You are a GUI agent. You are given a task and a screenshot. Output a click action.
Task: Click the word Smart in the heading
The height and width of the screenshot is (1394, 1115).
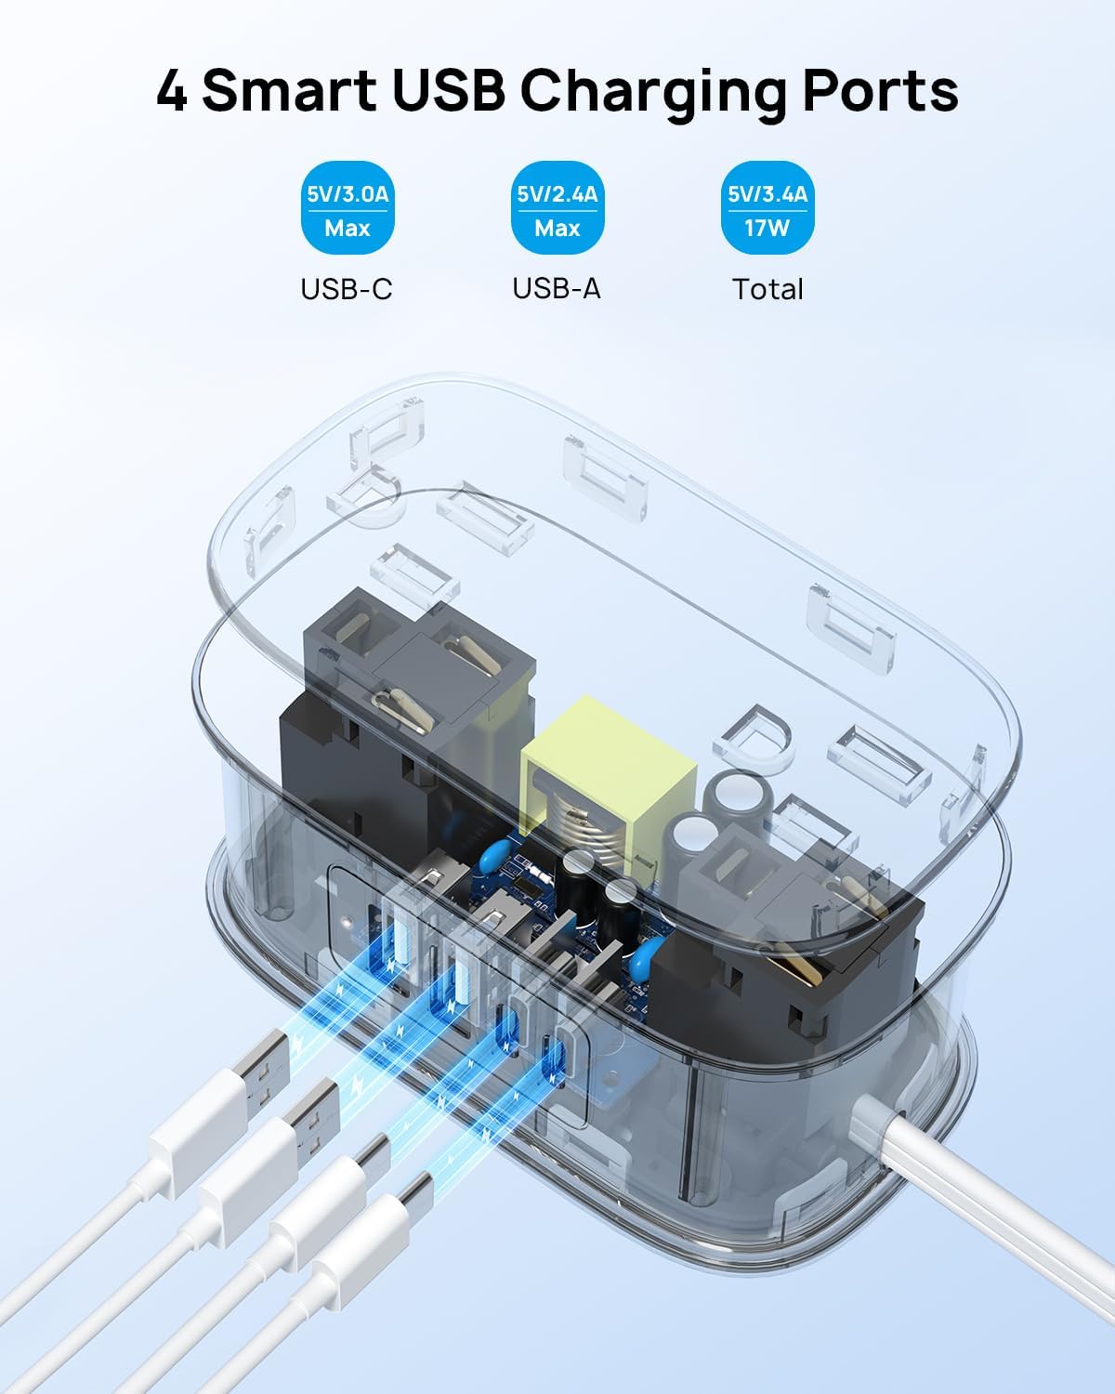tap(289, 91)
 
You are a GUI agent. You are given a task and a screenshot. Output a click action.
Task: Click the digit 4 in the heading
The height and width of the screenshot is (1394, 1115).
tap(171, 91)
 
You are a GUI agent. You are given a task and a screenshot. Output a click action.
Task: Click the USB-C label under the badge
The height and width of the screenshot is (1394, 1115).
tap(347, 289)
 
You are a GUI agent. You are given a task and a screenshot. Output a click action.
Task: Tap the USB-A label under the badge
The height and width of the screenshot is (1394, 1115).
tap(557, 289)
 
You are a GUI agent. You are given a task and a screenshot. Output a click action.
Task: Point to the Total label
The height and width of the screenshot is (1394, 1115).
tap(767, 289)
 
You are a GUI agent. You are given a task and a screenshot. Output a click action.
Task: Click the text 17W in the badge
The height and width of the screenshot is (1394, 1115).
tap(767, 227)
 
